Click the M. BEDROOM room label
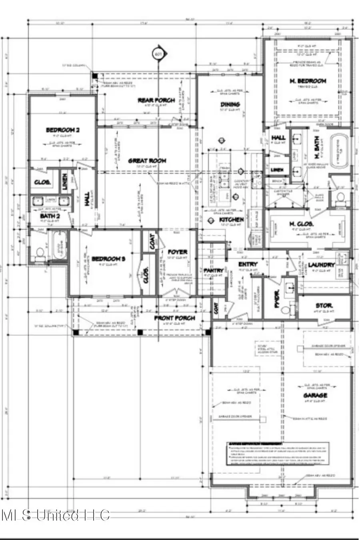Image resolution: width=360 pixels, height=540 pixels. point(308,81)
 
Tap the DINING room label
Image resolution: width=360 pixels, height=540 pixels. point(230,104)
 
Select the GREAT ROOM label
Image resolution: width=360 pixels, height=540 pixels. point(147,161)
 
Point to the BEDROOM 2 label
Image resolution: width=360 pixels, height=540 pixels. point(62,130)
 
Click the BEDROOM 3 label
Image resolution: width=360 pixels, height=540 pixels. point(108,259)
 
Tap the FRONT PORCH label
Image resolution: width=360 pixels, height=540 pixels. point(175,318)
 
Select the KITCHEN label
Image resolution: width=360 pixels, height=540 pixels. point(232,220)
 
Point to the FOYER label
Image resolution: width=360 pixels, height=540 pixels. point(177,252)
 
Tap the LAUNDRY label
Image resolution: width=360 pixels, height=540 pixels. point(321,265)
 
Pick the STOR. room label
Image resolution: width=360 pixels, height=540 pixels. point(324,306)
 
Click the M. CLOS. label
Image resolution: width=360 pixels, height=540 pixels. point(301,224)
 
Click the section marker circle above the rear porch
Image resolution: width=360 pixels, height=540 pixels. point(158,54)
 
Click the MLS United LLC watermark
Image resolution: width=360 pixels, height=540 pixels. point(56,515)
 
